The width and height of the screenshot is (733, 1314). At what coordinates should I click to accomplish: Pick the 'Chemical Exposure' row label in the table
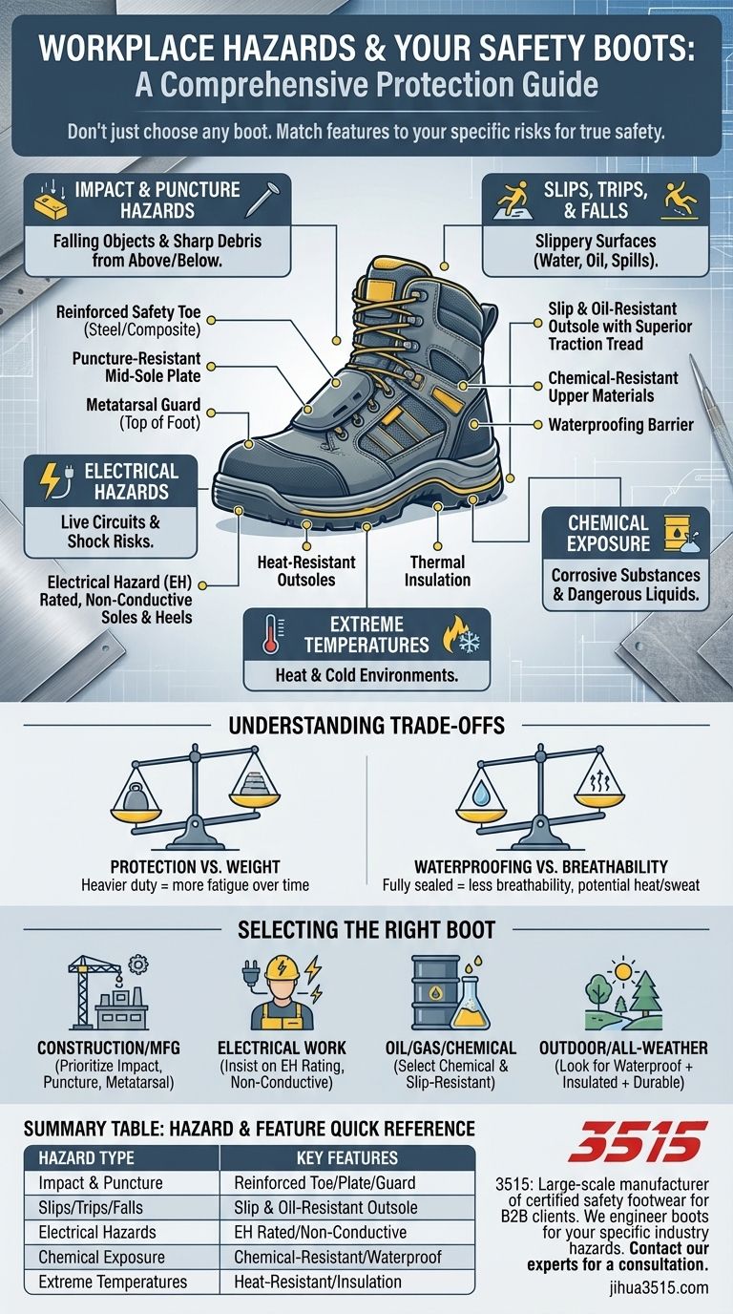(x=98, y=1257)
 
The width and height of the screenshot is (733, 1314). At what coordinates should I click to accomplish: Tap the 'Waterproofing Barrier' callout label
(x=620, y=424)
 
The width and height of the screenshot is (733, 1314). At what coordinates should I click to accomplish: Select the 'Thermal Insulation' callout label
(x=438, y=571)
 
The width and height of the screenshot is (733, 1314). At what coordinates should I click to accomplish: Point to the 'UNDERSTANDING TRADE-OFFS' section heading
(x=367, y=727)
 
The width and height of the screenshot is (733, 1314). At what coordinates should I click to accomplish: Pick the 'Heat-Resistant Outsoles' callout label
(x=306, y=571)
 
